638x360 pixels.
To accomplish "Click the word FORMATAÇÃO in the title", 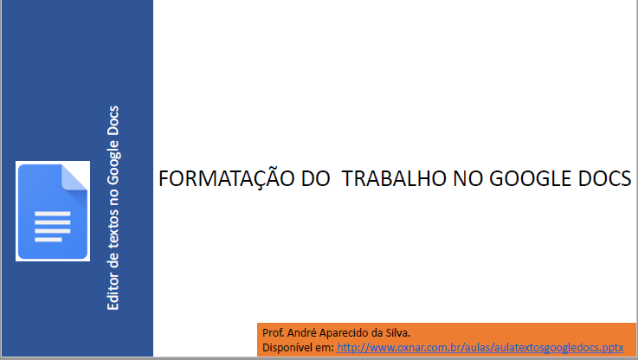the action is click(x=226, y=178).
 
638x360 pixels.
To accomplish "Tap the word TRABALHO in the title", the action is click(x=394, y=178).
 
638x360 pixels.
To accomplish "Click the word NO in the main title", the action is click(x=468, y=178).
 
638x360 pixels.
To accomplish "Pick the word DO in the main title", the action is click(x=316, y=178).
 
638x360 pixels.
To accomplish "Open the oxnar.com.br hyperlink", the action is click(x=480, y=347).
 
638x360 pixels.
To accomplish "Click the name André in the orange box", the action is click(x=301, y=333).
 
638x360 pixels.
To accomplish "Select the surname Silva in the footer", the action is click(x=399, y=333).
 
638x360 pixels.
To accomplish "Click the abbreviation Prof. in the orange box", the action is click(x=273, y=333).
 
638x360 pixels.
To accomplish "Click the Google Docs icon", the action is click(x=53, y=211).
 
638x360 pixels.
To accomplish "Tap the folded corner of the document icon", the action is click(x=74, y=177).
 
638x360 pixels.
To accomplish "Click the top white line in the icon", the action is click(x=53, y=214).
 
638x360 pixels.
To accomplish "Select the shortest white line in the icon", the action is click(x=48, y=240).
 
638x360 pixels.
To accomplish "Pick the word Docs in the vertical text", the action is click(x=113, y=120).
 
